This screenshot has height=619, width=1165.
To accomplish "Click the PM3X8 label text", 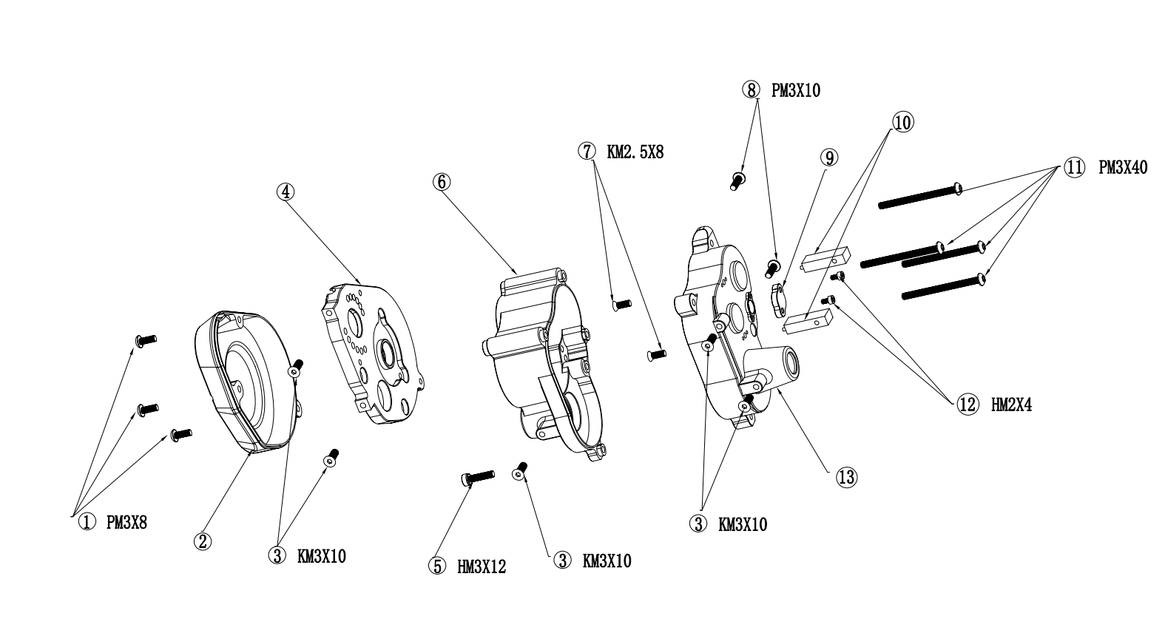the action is (x=126, y=522).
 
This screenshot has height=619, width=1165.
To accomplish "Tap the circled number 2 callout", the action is (x=203, y=541).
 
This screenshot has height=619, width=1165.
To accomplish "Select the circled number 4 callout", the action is (x=285, y=192).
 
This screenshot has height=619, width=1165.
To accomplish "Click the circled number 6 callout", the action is (x=441, y=181).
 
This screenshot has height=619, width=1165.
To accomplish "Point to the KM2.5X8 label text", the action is (x=635, y=152).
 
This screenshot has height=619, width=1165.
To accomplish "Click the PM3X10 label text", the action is (x=796, y=90).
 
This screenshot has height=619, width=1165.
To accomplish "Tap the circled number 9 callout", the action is (x=829, y=157).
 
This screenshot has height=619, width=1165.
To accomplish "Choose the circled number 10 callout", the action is (x=903, y=122).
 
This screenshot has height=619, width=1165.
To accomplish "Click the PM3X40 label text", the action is (x=1123, y=167).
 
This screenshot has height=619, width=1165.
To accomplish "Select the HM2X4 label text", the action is (x=1012, y=405).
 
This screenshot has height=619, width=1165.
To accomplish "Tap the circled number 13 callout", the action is (x=846, y=477).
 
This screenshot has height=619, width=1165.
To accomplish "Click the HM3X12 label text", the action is (x=482, y=567).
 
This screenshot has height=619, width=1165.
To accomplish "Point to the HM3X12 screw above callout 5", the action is (x=477, y=477).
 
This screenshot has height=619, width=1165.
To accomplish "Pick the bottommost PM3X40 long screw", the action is (x=943, y=288).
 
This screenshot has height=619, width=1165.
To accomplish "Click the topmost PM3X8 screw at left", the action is (x=146, y=340).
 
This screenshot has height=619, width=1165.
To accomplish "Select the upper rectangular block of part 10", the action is (x=825, y=260).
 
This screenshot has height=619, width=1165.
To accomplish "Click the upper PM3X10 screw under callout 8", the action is (x=737, y=181).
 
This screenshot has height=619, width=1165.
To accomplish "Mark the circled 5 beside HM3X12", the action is (x=437, y=566).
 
